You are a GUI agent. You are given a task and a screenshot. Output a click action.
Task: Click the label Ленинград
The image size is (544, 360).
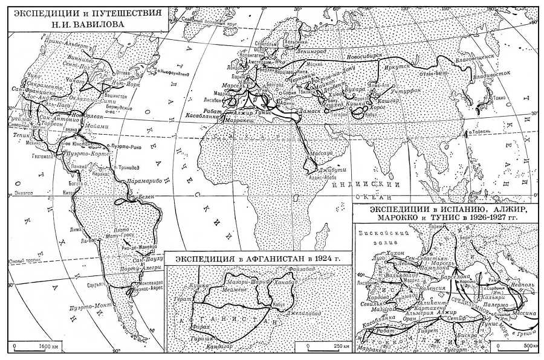pos(294,53)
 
